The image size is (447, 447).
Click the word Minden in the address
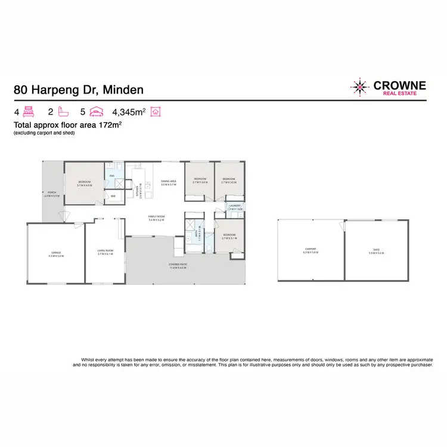123,91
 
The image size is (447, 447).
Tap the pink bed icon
31,111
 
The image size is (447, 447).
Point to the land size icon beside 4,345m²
157,111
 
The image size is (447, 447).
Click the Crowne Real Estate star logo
360,87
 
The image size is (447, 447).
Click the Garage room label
55,253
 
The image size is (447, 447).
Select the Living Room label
105,253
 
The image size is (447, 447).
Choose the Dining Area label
169,182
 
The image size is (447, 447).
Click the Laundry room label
235,206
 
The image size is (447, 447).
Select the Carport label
311,250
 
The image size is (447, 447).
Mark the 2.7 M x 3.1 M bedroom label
229,237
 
